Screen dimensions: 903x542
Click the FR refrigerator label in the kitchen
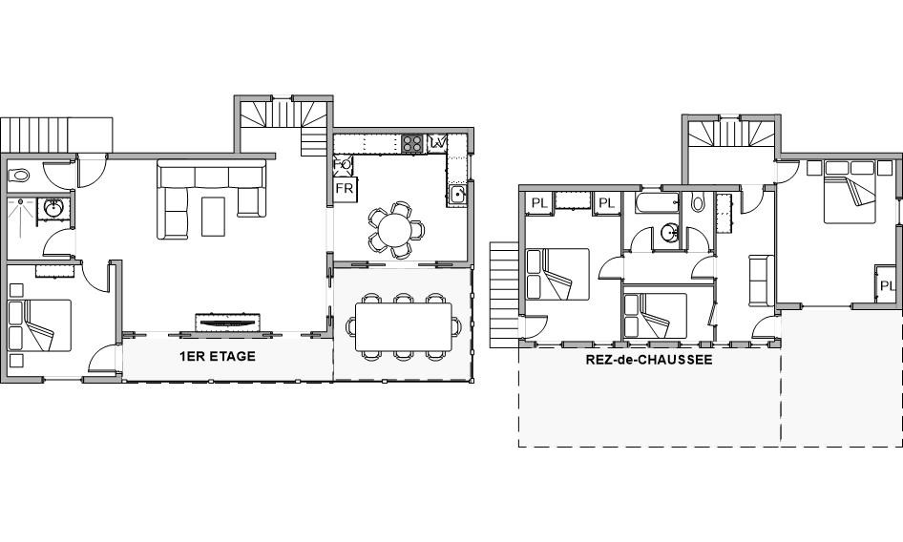point(345,189)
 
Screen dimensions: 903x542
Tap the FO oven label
point(342,165)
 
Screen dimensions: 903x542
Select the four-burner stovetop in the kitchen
point(412,143)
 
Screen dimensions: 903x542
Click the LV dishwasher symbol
point(437,141)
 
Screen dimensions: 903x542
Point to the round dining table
point(395,229)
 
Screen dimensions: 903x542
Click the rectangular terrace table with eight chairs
point(403,326)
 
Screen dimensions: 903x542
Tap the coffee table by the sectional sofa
point(213,216)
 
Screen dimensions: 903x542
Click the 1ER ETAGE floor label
point(217,357)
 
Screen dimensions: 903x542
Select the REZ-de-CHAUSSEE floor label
point(649,360)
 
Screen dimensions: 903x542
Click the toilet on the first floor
point(20,175)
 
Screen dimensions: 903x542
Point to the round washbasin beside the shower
point(53,209)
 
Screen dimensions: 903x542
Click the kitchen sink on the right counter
point(458,195)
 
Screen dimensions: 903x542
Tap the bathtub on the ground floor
point(657,202)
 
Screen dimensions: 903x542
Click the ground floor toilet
point(698,202)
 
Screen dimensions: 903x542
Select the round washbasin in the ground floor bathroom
point(669,233)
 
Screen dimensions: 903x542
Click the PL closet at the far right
point(887,284)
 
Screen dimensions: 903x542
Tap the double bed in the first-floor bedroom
point(40,325)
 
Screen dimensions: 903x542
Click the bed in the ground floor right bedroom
point(850,192)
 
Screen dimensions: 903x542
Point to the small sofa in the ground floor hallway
point(762,280)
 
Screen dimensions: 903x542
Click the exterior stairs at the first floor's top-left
point(56,135)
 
